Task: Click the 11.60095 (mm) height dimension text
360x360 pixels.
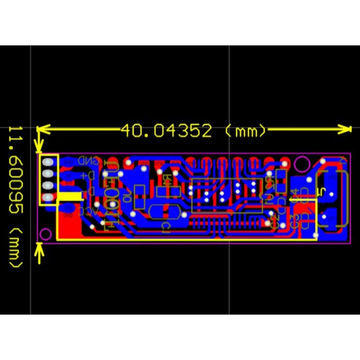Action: pyautogui.click(x=15, y=197)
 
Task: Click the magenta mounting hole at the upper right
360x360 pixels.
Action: pyautogui.click(x=302, y=165)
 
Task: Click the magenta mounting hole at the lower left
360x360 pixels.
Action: pyautogui.click(x=46, y=234)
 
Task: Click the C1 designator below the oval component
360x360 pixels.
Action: pyautogui.click(x=166, y=226)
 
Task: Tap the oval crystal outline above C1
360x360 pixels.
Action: pyautogui.click(x=164, y=212)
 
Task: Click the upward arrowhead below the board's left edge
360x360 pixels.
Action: pyautogui.click(x=39, y=248)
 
